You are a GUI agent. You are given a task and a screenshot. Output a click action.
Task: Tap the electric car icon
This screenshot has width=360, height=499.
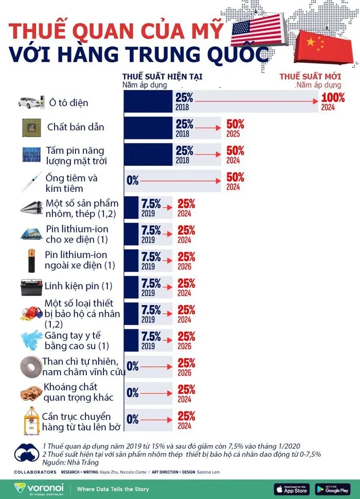[x=31, y=102]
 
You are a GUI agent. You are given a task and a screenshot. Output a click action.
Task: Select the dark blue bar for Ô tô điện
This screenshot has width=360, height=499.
[x=148, y=101]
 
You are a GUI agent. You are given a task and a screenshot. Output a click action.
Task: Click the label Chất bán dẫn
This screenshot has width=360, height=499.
[x=76, y=126]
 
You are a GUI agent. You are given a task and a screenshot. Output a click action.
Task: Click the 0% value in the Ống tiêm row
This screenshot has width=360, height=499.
[x=133, y=180]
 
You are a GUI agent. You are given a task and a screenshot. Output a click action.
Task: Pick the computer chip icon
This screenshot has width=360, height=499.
[x=31, y=127]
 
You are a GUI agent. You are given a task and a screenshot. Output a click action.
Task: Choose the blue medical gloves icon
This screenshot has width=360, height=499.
[x=31, y=339]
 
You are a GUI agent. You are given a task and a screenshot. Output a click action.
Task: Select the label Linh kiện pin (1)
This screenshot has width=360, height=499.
[x=78, y=285]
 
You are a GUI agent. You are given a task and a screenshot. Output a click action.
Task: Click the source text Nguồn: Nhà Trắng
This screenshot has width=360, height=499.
[x=63, y=463]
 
